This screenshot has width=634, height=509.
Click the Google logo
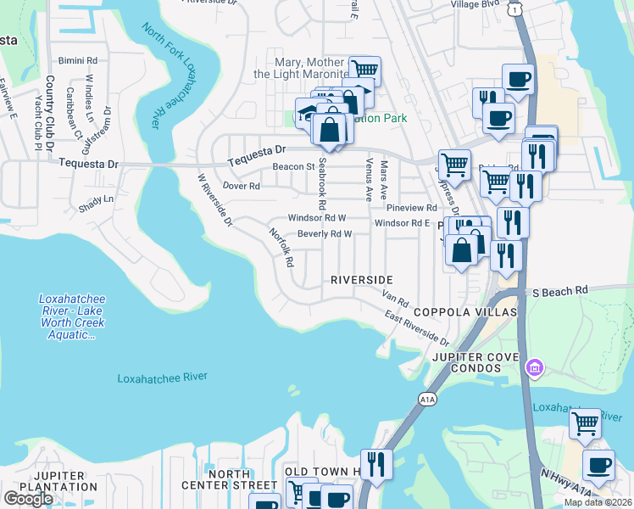pyautogui.click(x=28, y=499)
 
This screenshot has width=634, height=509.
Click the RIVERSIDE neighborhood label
pyautogui.click(x=362, y=280)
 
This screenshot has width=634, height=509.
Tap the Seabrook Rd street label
pyautogui.click(x=321, y=188)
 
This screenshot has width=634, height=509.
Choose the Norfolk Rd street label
pyautogui.click(x=281, y=247)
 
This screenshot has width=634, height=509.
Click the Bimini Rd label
pyautogui.click(x=78, y=61)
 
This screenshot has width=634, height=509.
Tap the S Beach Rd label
pyautogui.click(x=560, y=291)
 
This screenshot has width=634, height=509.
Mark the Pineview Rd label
pyautogui.click(x=411, y=207)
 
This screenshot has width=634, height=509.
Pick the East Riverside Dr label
pyautogui.click(x=416, y=328)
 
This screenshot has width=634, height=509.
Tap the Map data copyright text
pyautogui.click(x=598, y=502)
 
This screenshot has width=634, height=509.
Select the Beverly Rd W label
pyautogui.click(x=324, y=234)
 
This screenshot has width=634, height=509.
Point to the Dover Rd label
pyautogui.click(x=241, y=185)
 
